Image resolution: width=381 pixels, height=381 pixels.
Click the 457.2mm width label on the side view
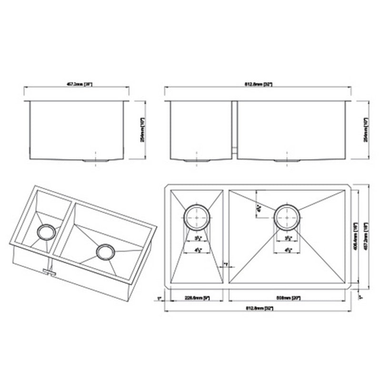coord(78,84)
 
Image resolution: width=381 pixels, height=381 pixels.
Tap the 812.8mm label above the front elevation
coord(259,84)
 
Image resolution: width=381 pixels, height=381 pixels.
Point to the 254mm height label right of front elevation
coord(366,130)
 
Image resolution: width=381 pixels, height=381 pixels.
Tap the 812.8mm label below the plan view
coord(259,309)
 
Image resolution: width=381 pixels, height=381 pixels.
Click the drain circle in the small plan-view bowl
coord(197,216)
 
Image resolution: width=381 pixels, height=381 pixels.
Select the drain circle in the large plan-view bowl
coord(286,216)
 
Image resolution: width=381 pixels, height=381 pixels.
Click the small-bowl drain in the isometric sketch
coord(46,232)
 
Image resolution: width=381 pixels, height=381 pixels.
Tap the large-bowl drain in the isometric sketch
coord(104,252)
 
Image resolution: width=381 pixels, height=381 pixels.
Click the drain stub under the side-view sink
coord(97,161)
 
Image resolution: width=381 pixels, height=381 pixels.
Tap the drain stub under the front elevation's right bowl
coord(287,161)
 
